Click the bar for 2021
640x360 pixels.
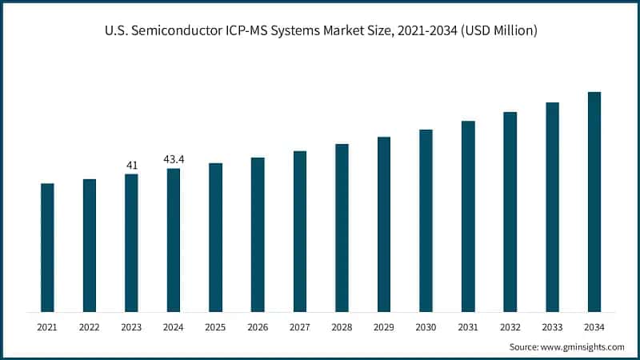47,248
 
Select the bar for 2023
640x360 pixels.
131,243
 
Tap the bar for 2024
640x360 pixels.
174,240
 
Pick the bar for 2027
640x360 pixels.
300,231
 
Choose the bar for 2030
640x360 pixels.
426,221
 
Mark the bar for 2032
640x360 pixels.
510,212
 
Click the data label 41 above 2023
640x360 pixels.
131,166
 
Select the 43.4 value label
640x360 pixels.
174,160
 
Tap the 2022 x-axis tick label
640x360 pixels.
90,327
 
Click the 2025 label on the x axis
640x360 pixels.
215,327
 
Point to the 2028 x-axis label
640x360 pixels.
342,327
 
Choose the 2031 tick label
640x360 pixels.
468,327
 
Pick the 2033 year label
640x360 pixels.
552,327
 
